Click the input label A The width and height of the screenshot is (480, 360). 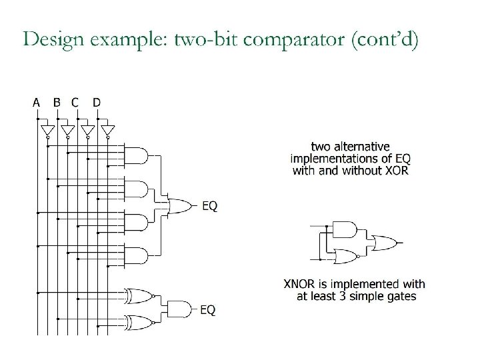[37, 102]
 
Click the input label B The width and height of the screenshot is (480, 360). [57, 102]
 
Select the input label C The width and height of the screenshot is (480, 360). [75, 102]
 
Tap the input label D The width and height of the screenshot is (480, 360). [97, 102]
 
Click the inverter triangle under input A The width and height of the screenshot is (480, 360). [47, 129]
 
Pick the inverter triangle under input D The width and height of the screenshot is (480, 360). [107, 129]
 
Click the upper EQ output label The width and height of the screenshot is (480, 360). [209, 206]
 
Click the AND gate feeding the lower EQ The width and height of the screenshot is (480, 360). [178, 309]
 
